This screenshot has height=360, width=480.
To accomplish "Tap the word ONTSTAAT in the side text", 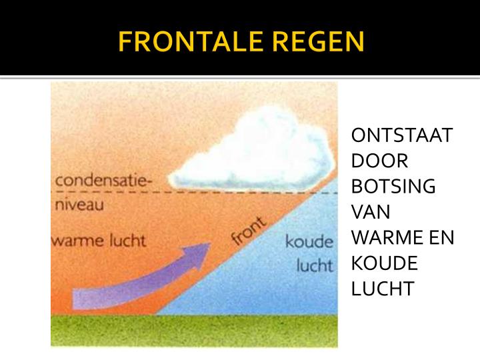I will [x=401, y=136].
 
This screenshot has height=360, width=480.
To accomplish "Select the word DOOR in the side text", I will [x=379, y=161].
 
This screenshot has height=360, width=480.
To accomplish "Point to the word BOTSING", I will [x=393, y=187].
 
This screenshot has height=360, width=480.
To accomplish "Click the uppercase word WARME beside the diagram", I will [x=385, y=238].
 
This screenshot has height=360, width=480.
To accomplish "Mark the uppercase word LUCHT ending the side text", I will [x=383, y=289].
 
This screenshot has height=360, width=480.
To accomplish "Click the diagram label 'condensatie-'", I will [x=103, y=181].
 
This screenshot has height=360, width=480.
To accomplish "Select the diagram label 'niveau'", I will [x=79, y=205].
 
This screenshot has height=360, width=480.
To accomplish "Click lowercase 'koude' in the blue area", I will [x=309, y=241].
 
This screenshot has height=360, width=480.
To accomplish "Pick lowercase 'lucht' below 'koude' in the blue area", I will [x=315, y=265].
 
